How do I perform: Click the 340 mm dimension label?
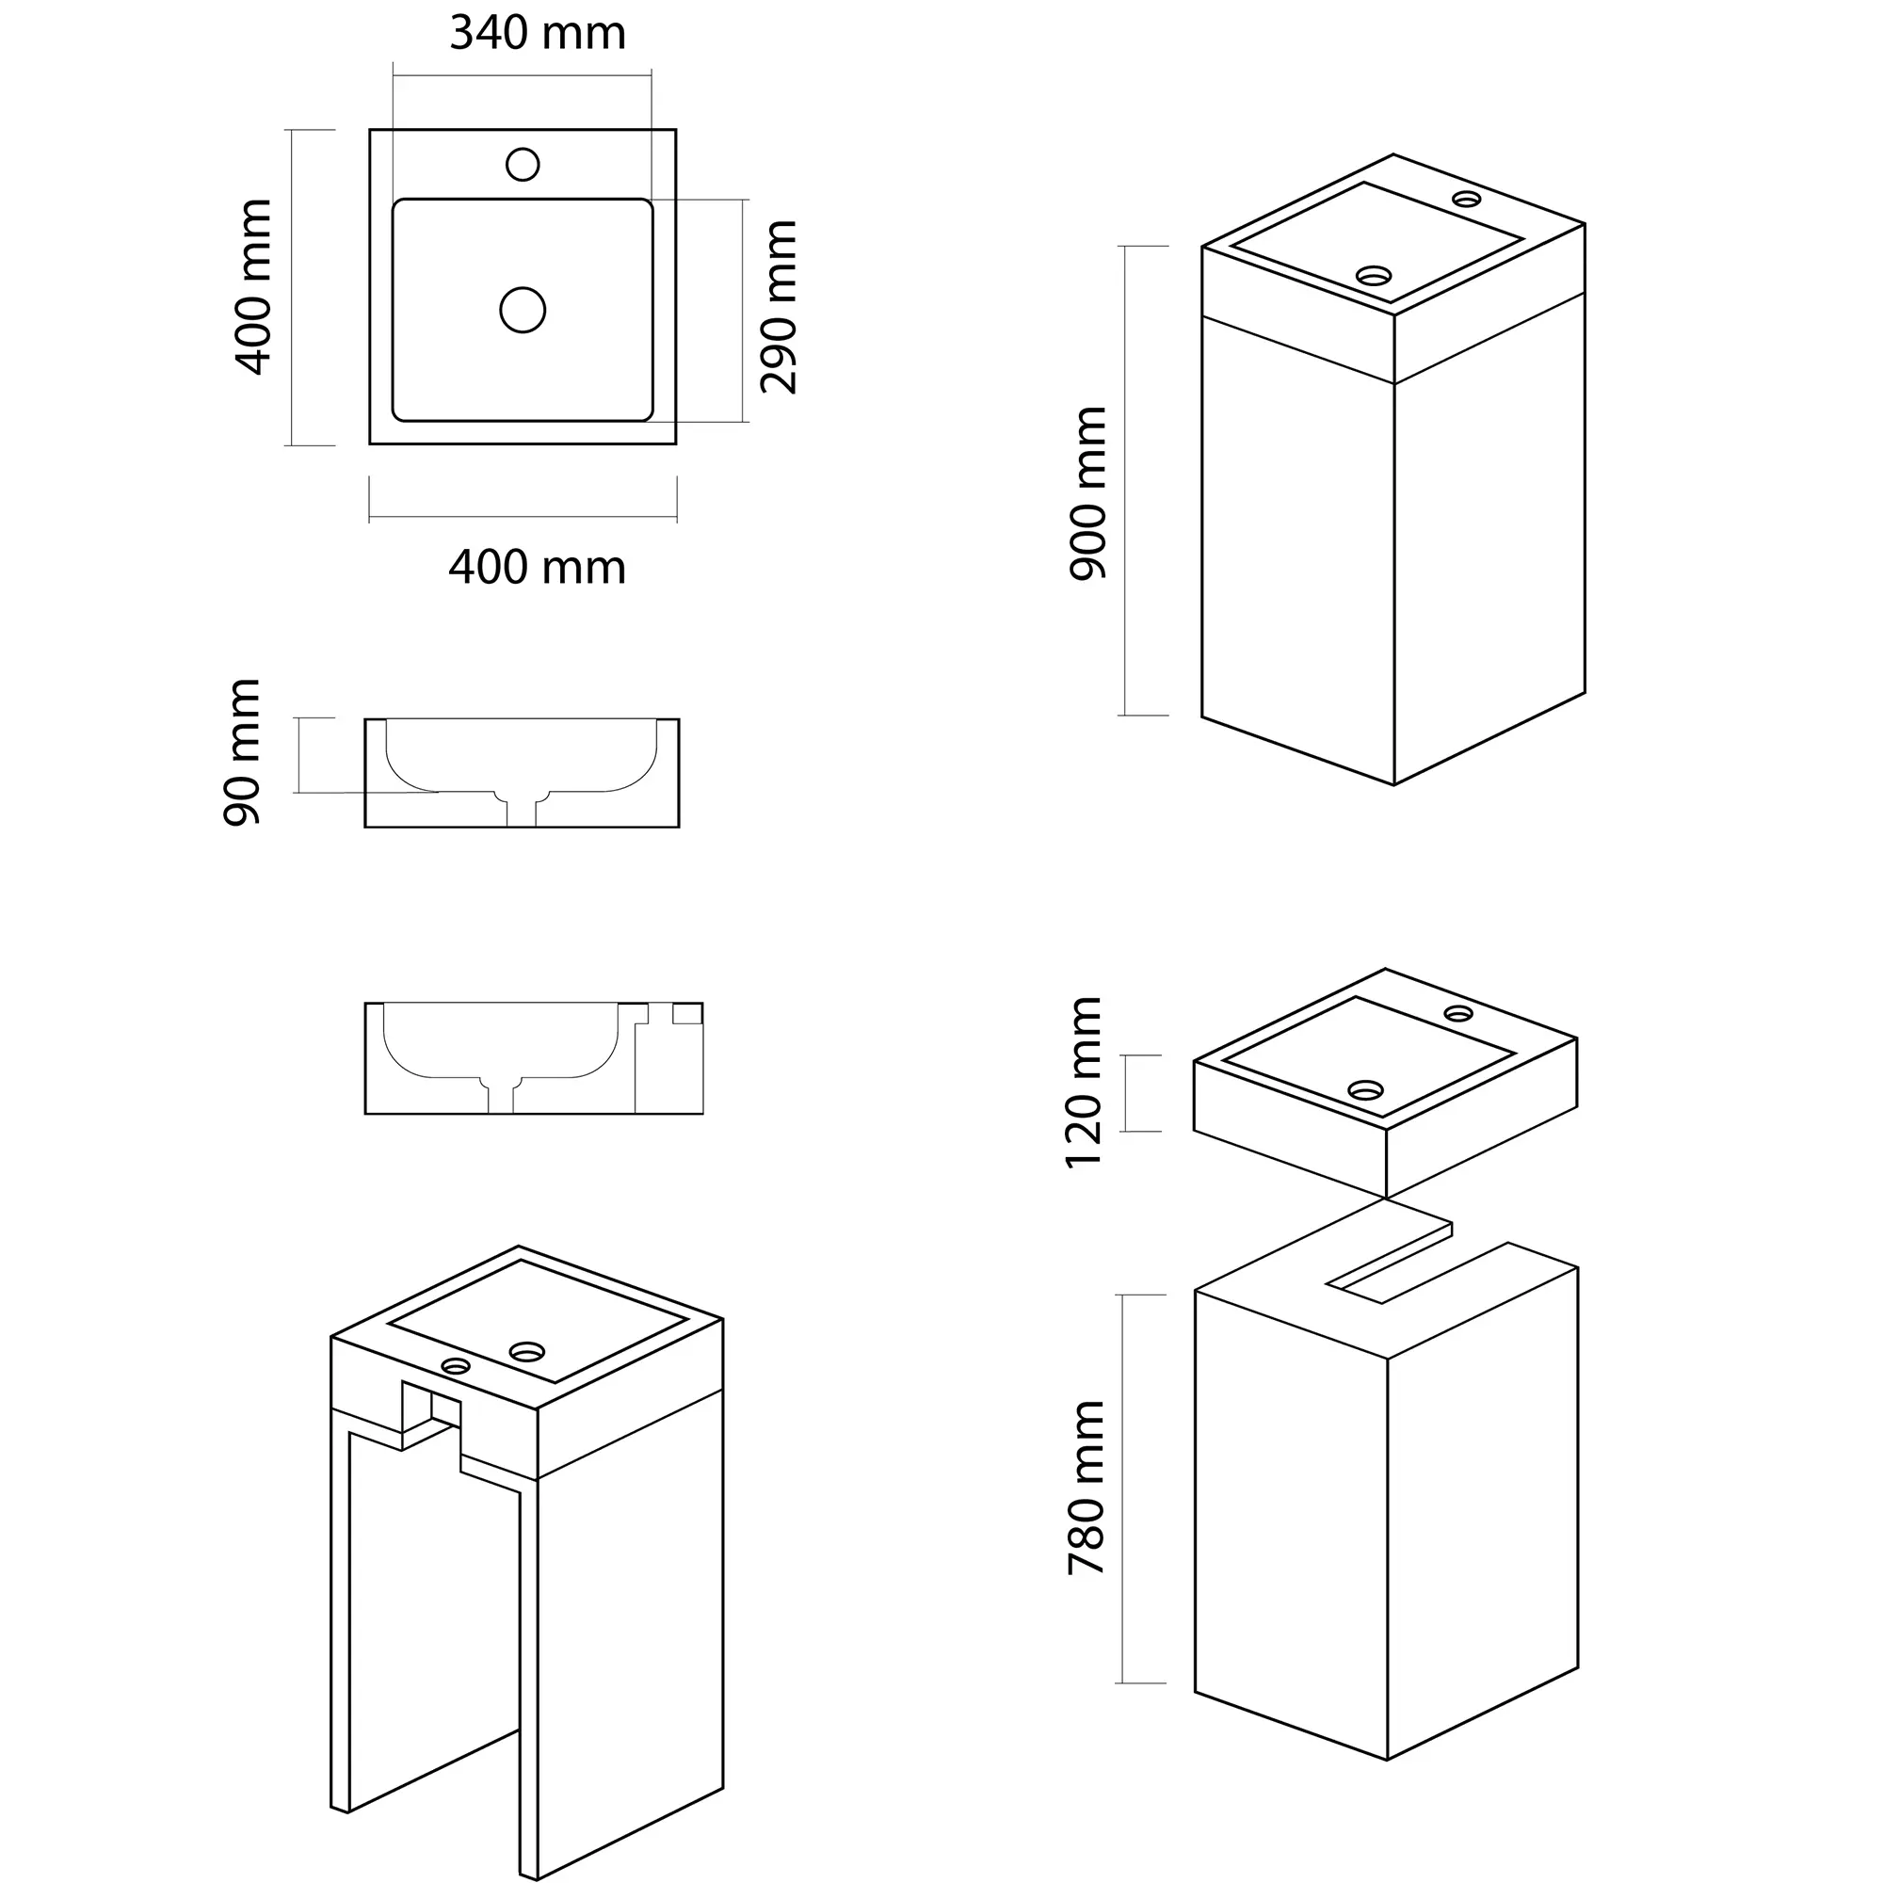pos(537,33)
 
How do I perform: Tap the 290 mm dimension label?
pos(779,307)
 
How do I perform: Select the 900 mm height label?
pos(1087,494)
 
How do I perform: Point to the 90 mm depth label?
pos(242,752)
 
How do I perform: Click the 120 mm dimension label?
pos(1083,1082)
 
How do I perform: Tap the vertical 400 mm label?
pos(253,286)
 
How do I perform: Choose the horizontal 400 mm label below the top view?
pos(537,567)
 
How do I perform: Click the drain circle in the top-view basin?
pos(523,310)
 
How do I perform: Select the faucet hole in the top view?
pos(523,165)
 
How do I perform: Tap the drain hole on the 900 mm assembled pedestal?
pos(1375,276)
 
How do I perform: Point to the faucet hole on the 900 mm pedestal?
pos(1466,200)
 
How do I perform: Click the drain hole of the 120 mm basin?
pos(1365,1089)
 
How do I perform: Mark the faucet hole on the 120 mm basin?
pos(1459,1013)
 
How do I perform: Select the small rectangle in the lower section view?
pos(687,1014)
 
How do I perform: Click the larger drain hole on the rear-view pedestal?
pos(527,1352)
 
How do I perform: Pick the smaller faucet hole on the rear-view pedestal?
pos(455,1365)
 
